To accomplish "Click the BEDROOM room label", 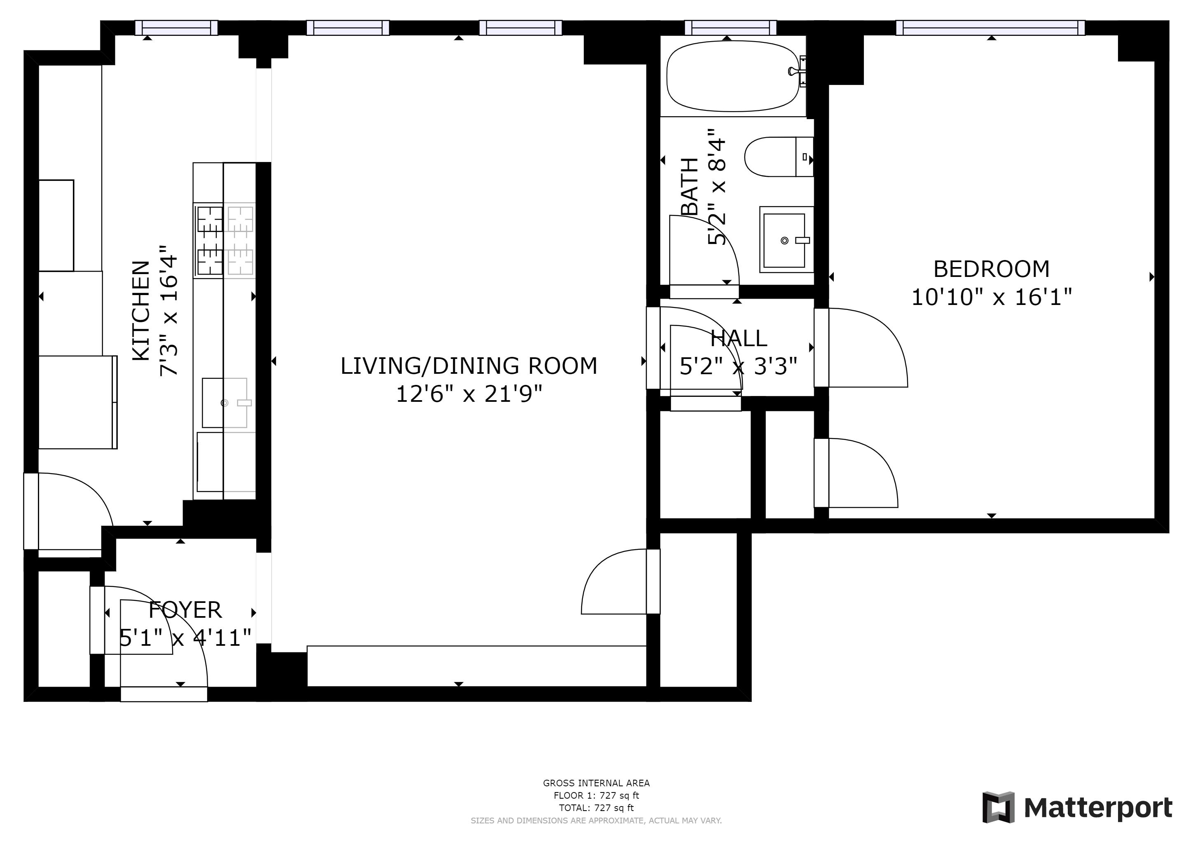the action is click(x=992, y=269).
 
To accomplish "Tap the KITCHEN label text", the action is click(x=141, y=311).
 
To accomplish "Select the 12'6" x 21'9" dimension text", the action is click(x=469, y=394).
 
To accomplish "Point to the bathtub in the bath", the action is click(x=732, y=76).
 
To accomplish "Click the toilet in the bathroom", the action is click(x=778, y=157).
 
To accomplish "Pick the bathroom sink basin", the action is click(x=784, y=239).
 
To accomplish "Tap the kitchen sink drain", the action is click(x=225, y=403).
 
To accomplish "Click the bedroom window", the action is click(x=990, y=28).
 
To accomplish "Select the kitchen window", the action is click(x=176, y=28).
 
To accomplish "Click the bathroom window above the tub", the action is click(x=730, y=28).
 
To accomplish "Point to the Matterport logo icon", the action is click(x=998, y=807).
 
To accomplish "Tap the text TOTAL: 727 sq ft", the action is click(x=596, y=808).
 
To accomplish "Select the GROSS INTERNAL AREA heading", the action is click(x=596, y=783).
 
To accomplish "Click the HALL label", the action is click(x=738, y=338).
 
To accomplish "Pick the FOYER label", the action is click(x=185, y=610).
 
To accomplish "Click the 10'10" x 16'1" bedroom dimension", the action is click(x=992, y=297).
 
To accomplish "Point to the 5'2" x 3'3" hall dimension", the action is click(x=738, y=366).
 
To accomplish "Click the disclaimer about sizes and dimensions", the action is click(x=596, y=821).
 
